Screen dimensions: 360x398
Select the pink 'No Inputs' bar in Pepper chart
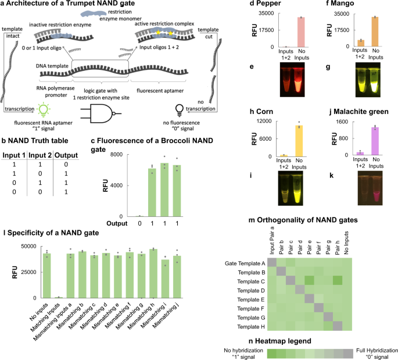point(301,32)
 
